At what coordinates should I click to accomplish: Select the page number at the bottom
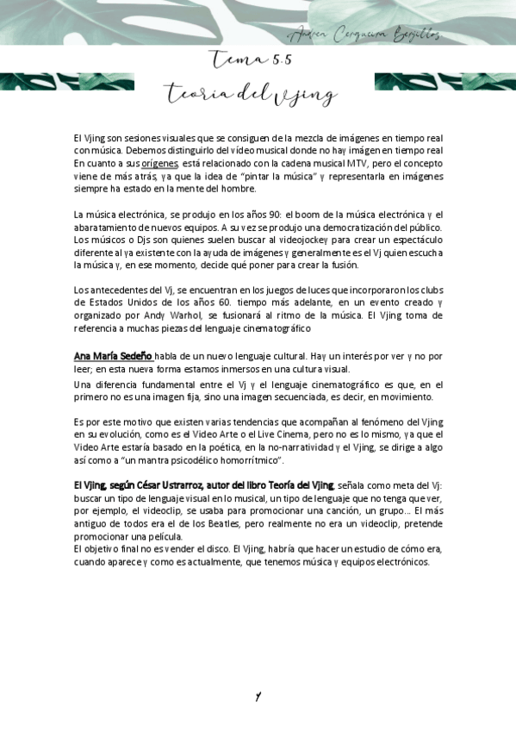(257, 697)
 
